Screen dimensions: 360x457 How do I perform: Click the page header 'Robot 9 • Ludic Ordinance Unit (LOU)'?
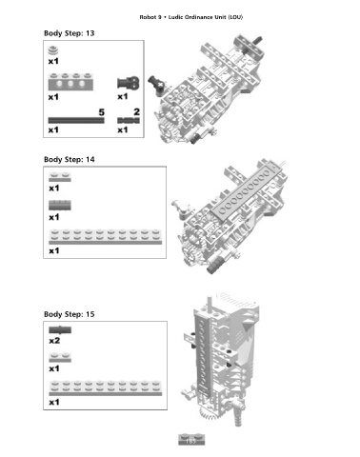(x=191, y=17)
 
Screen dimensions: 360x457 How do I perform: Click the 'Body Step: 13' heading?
(x=70, y=33)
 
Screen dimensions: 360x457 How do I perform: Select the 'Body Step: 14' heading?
(x=70, y=159)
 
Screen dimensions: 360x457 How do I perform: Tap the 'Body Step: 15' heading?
(x=70, y=314)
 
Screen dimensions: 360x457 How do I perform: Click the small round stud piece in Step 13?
(x=53, y=50)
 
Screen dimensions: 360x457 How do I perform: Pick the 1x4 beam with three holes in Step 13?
(x=70, y=82)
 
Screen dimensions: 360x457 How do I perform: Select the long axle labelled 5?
(x=76, y=120)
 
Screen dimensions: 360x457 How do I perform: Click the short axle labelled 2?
(x=129, y=121)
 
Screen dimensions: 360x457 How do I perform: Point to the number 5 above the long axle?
(x=101, y=112)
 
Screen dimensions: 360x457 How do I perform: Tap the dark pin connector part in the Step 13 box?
(x=129, y=83)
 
